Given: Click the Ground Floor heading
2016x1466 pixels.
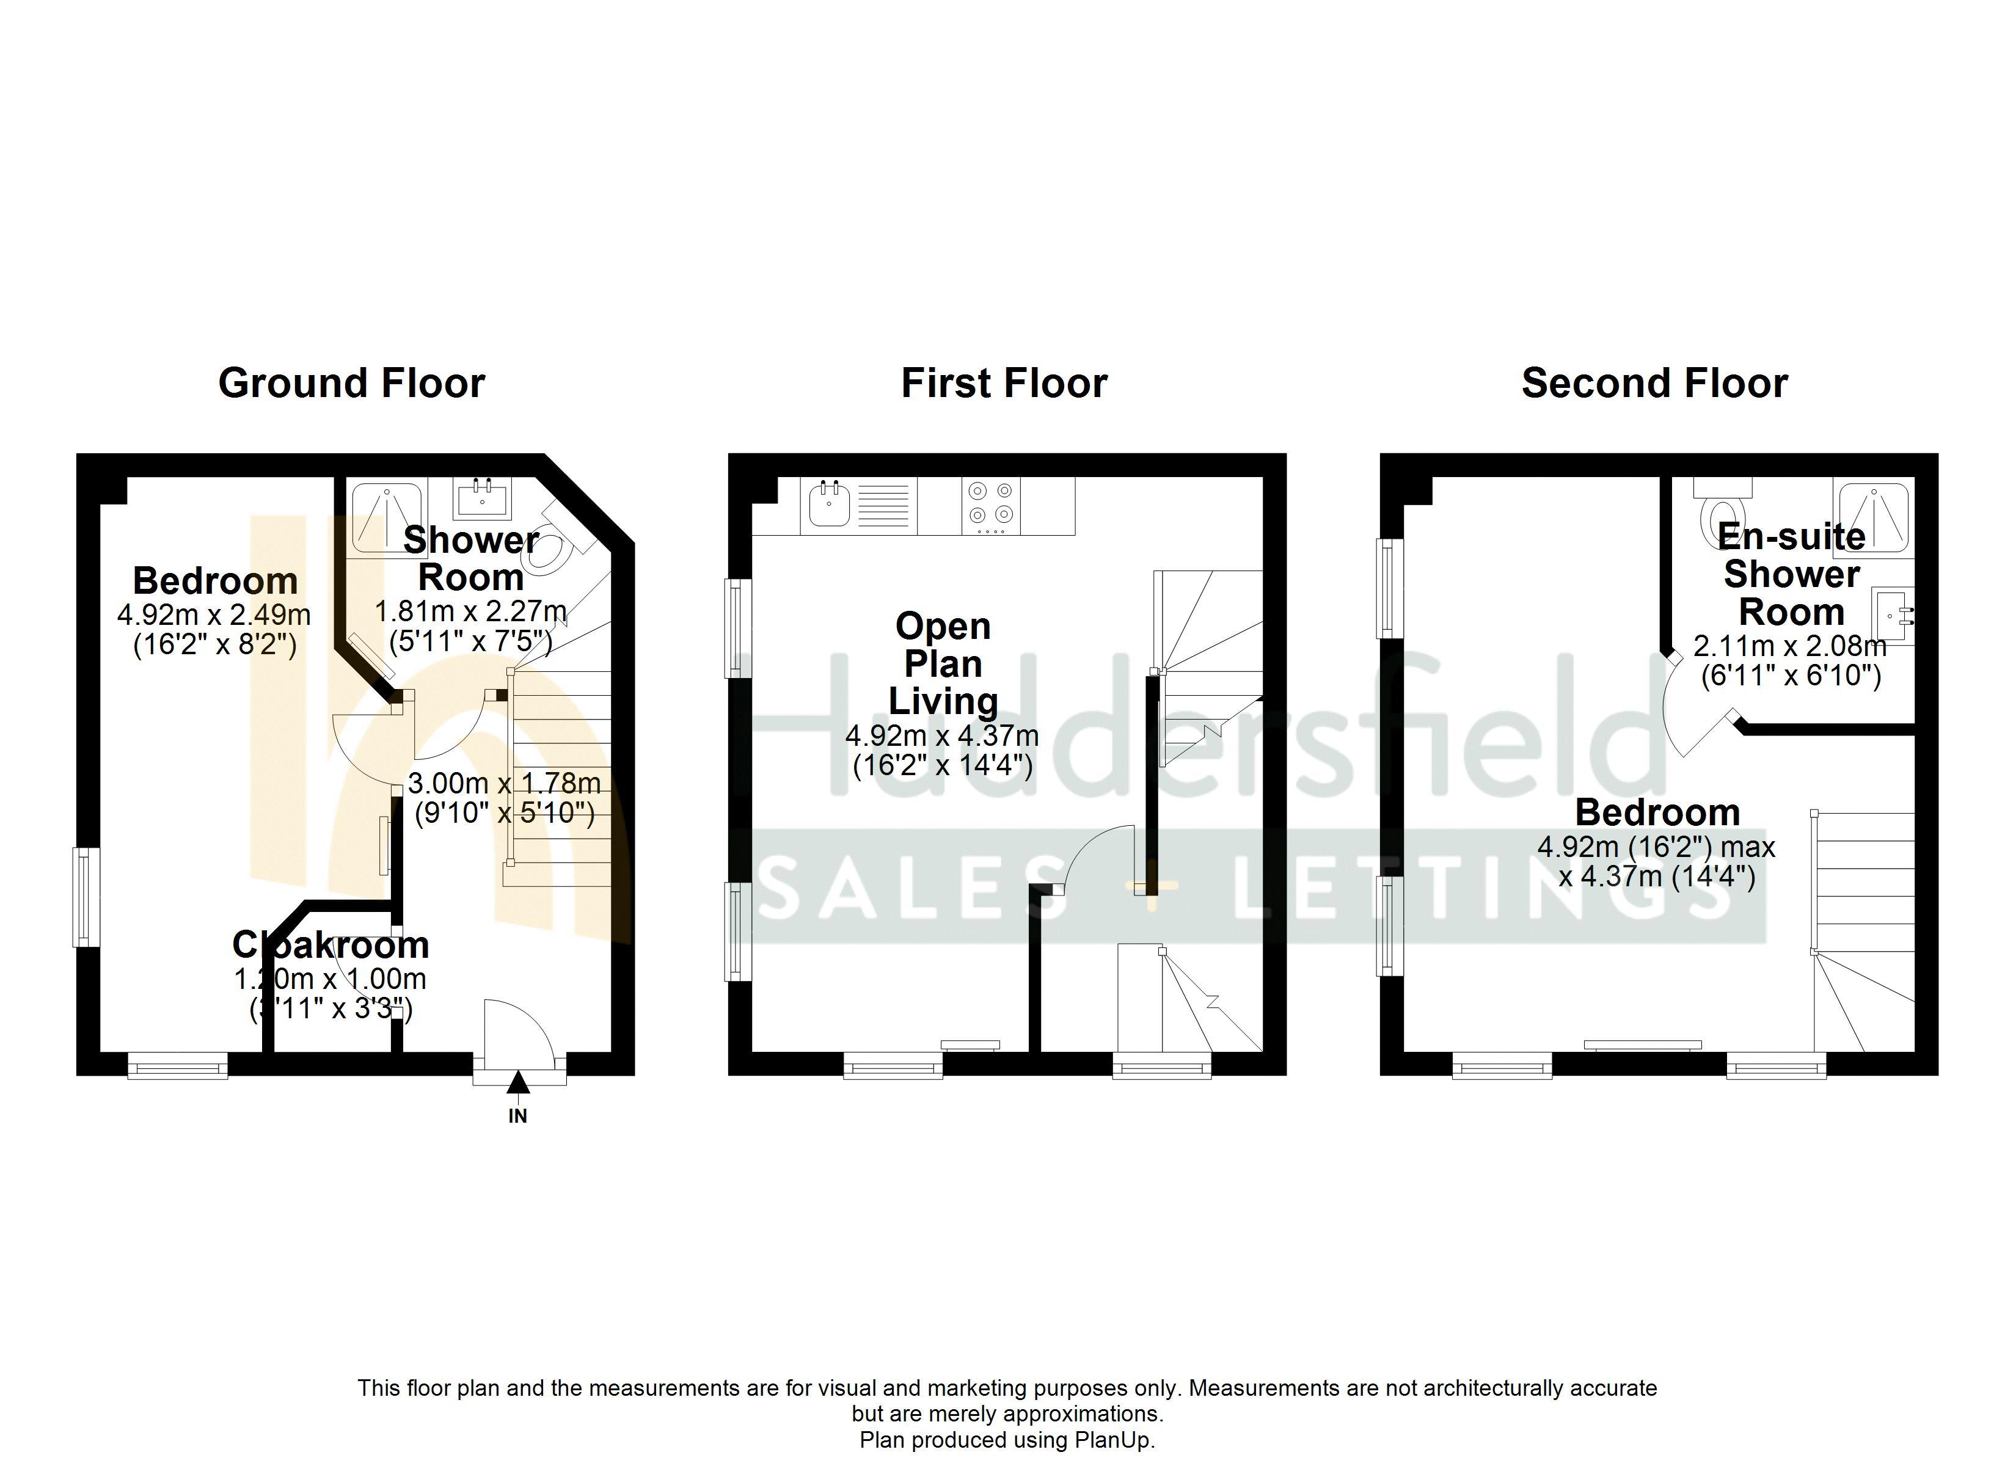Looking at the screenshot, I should [351, 383].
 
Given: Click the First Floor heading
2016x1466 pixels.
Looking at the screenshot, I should [1004, 383].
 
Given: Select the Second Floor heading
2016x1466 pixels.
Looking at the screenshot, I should [1654, 383].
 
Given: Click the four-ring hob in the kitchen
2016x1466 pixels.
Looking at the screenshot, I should [991, 503].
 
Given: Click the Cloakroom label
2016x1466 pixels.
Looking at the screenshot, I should [331, 944].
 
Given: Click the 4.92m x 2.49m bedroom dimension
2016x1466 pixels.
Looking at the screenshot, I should [214, 614].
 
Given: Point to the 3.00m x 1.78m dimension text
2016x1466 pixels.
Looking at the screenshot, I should [504, 783].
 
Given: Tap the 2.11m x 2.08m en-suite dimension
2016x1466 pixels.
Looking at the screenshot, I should [1789, 646].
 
